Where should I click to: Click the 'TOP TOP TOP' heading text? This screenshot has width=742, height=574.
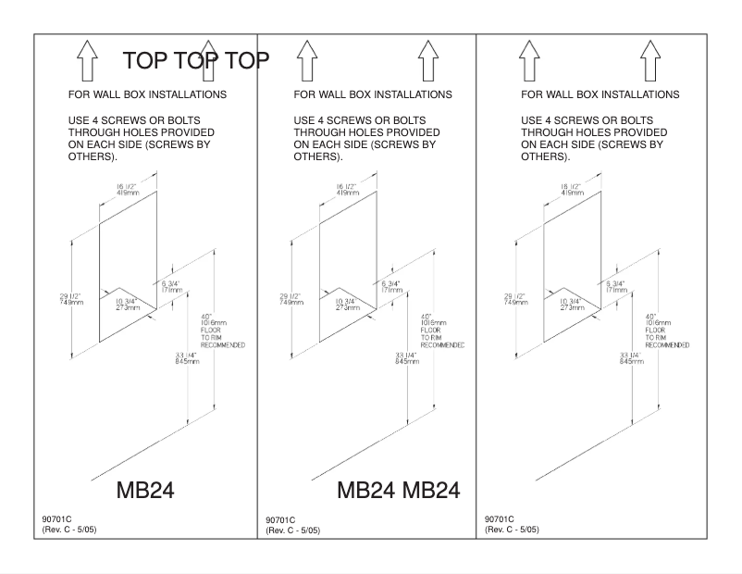[196, 62]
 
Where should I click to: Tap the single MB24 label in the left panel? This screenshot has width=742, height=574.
[144, 490]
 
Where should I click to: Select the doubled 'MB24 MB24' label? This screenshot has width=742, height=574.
[398, 490]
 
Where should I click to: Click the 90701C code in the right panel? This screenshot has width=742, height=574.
[500, 519]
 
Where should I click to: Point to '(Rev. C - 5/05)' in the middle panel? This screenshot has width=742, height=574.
[293, 530]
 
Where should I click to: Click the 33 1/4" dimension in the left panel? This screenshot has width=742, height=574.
[186, 357]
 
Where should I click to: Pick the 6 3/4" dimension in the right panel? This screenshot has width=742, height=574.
[616, 286]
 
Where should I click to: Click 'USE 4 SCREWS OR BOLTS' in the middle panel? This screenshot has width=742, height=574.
[357, 120]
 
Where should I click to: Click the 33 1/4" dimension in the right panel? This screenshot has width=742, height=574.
[632, 357]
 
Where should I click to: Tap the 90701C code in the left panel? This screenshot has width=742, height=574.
[56, 519]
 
